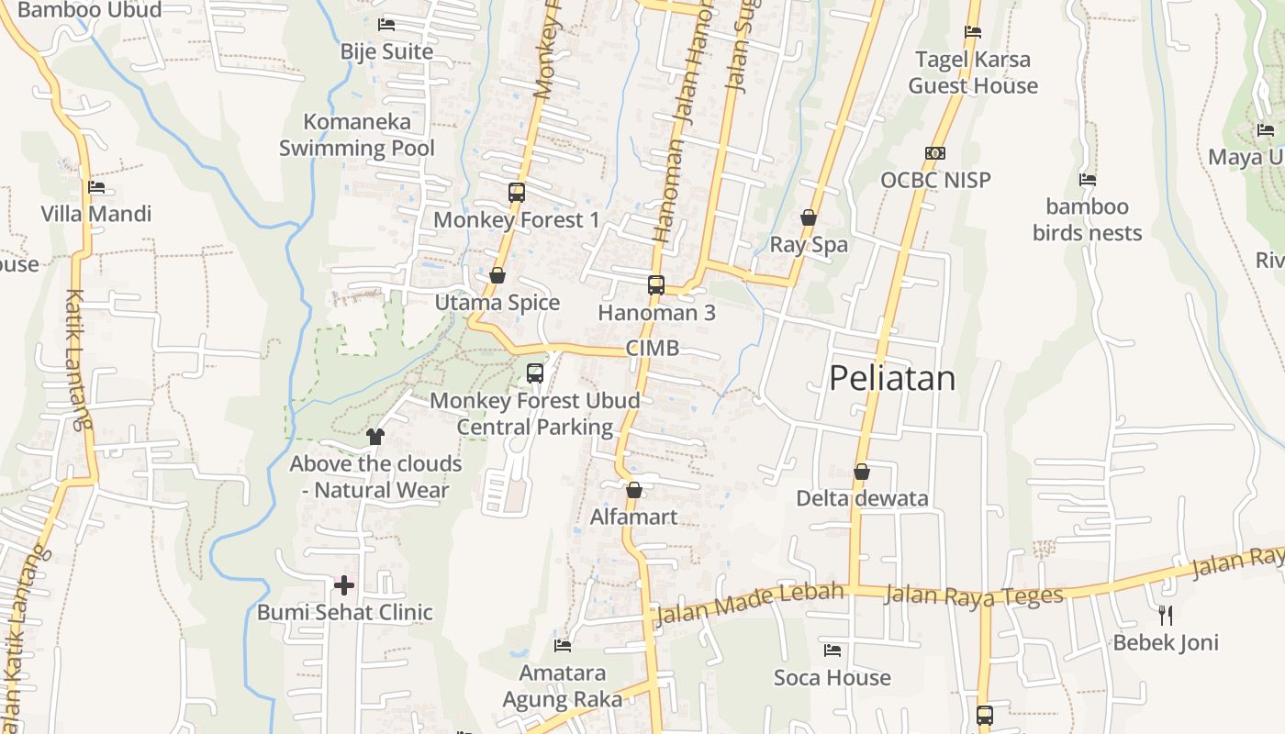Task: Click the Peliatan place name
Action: tap(892, 378)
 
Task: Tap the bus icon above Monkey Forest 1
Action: tap(517, 193)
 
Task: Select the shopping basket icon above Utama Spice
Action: tap(497, 275)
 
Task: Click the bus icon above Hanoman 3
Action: tap(656, 285)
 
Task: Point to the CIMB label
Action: tap(653, 348)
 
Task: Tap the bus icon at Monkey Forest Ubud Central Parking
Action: tap(535, 373)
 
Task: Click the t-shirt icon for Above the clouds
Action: tap(374, 437)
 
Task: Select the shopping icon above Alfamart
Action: tap(633, 490)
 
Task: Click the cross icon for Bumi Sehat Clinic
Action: tap(344, 584)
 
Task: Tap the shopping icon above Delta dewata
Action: tap(861, 472)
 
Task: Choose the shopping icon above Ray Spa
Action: tap(809, 217)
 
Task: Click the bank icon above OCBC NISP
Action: tap(935, 153)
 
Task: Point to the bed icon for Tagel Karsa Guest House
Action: tap(973, 32)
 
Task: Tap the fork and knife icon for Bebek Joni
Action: tap(1166, 615)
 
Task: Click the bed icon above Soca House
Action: tap(832, 651)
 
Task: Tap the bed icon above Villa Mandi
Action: tap(96, 187)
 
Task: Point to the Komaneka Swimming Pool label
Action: tap(357, 135)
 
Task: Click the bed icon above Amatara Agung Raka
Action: tap(563, 646)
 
